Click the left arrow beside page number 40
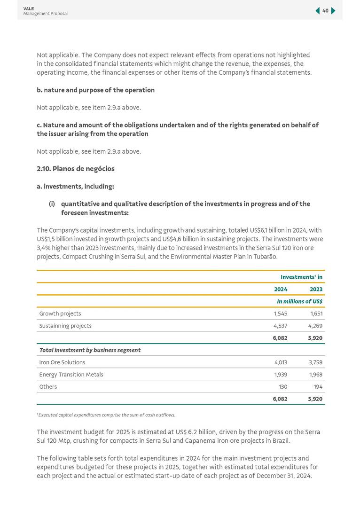[318, 10]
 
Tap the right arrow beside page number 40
[333, 10]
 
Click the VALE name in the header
[29, 8]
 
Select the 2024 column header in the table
[281, 289]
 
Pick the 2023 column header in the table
[316, 289]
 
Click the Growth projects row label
[60, 313]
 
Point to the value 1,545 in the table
[281, 313]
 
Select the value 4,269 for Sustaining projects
[316, 326]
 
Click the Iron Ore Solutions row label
[63, 362]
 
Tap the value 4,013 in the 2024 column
[281, 362]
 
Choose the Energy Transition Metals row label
[71, 375]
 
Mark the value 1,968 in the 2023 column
[316, 375]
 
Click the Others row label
[48, 387]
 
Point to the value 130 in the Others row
[282, 387]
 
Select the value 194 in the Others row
[318, 387]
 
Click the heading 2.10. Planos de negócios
[76, 169]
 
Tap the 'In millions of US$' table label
[299, 301]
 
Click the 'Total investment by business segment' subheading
[90, 350]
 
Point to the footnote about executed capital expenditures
[106, 415]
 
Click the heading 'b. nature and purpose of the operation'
[95, 90]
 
